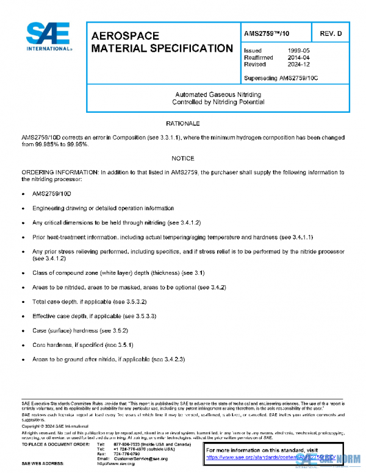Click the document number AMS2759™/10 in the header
coord(267,33)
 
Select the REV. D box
coord(331,33)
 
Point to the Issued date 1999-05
coord(298,51)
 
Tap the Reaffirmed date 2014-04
coord(298,57)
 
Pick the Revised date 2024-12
coord(298,64)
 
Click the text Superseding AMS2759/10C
coord(281,78)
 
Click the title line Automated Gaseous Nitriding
coord(218,94)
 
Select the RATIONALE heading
coord(183,124)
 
